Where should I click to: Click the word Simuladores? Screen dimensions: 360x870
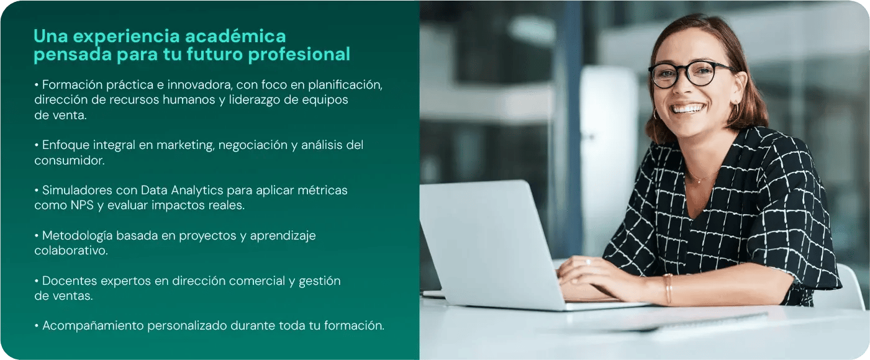pyautogui.click(x=78, y=190)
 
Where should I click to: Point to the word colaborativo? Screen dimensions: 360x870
pyautogui.click(x=71, y=251)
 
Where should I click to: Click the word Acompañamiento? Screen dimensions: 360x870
pyautogui.click(x=93, y=326)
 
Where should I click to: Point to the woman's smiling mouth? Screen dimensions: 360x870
pyautogui.click(x=688, y=109)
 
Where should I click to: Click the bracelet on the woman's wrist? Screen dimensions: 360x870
pyautogui.click(x=668, y=289)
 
